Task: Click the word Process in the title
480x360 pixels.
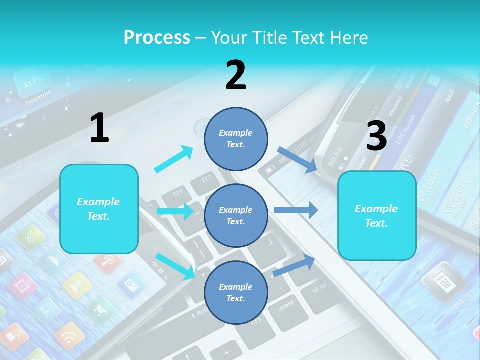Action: [x=157, y=38]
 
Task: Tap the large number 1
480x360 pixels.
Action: [x=99, y=128]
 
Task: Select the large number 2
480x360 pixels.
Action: [x=235, y=75]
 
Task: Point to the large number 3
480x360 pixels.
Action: [x=376, y=136]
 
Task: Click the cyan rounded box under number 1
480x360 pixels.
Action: [x=99, y=209]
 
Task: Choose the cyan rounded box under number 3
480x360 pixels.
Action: [x=377, y=215]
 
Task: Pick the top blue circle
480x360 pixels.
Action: [x=236, y=138]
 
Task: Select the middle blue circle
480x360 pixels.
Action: [x=236, y=215]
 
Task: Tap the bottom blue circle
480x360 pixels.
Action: [x=236, y=292]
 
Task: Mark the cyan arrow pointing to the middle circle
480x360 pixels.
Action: [x=175, y=211]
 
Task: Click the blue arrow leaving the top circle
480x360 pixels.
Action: [x=297, y=159]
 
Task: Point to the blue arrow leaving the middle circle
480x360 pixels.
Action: [x=295, y=210]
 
